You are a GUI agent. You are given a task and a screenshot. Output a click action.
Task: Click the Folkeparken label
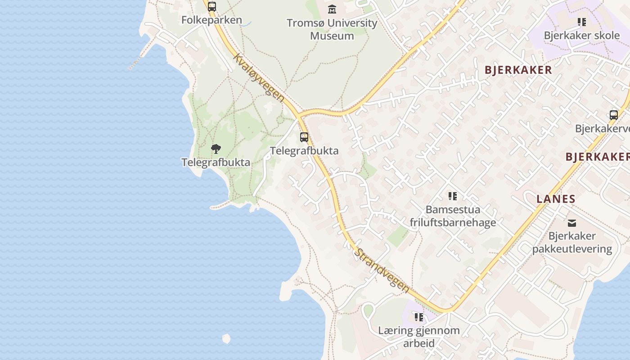pos(211,20)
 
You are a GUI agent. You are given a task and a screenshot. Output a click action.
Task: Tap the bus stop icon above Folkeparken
pos(212,7)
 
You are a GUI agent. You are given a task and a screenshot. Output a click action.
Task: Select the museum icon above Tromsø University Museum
pos(332,9)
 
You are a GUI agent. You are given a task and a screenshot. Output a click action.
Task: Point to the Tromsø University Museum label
pos(332,29)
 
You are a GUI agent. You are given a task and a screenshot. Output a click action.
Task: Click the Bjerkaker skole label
pos(581,35)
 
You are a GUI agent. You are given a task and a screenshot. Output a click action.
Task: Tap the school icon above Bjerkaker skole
pos(581,22)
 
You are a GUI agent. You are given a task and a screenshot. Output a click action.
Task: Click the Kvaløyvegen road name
pos(259,78)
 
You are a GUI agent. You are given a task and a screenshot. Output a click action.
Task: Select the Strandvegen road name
pos(382,270)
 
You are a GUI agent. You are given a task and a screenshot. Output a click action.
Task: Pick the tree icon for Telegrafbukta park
pos(216,149)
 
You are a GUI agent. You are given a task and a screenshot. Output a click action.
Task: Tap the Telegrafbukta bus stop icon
pos(304,137)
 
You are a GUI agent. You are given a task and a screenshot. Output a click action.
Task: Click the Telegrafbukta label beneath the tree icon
pos(216,162)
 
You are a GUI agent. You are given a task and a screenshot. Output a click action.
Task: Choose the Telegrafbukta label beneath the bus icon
pos(304,150)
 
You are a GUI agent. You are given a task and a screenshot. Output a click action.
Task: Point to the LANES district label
pos(556,199)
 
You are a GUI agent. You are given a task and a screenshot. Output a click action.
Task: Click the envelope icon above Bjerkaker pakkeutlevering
pos(571,223)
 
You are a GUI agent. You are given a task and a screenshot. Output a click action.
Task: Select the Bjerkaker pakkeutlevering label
pos(572,243)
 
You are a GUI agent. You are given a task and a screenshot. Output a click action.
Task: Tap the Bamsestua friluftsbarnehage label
pos(453,216)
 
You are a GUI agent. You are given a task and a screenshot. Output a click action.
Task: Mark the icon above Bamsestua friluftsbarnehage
pos(453,196)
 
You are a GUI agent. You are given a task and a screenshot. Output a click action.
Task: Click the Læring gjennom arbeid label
pos(418,337)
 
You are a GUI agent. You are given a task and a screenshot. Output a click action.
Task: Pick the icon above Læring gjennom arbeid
pos(419,317)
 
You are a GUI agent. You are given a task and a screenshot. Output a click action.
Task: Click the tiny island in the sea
pos(226,338)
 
